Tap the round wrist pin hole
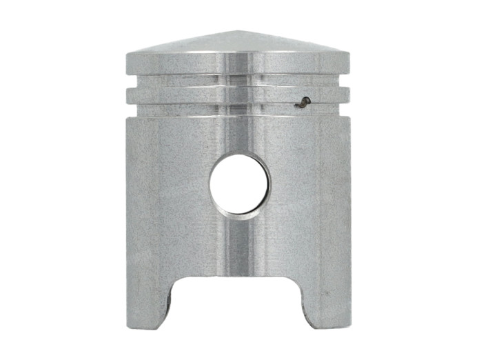pos(239,184)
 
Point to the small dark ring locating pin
pos(303,103)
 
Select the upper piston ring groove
pos(238,81)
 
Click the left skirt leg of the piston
pos(149,303)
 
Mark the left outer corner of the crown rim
pos(127,54)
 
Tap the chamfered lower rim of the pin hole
pos(239,216)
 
